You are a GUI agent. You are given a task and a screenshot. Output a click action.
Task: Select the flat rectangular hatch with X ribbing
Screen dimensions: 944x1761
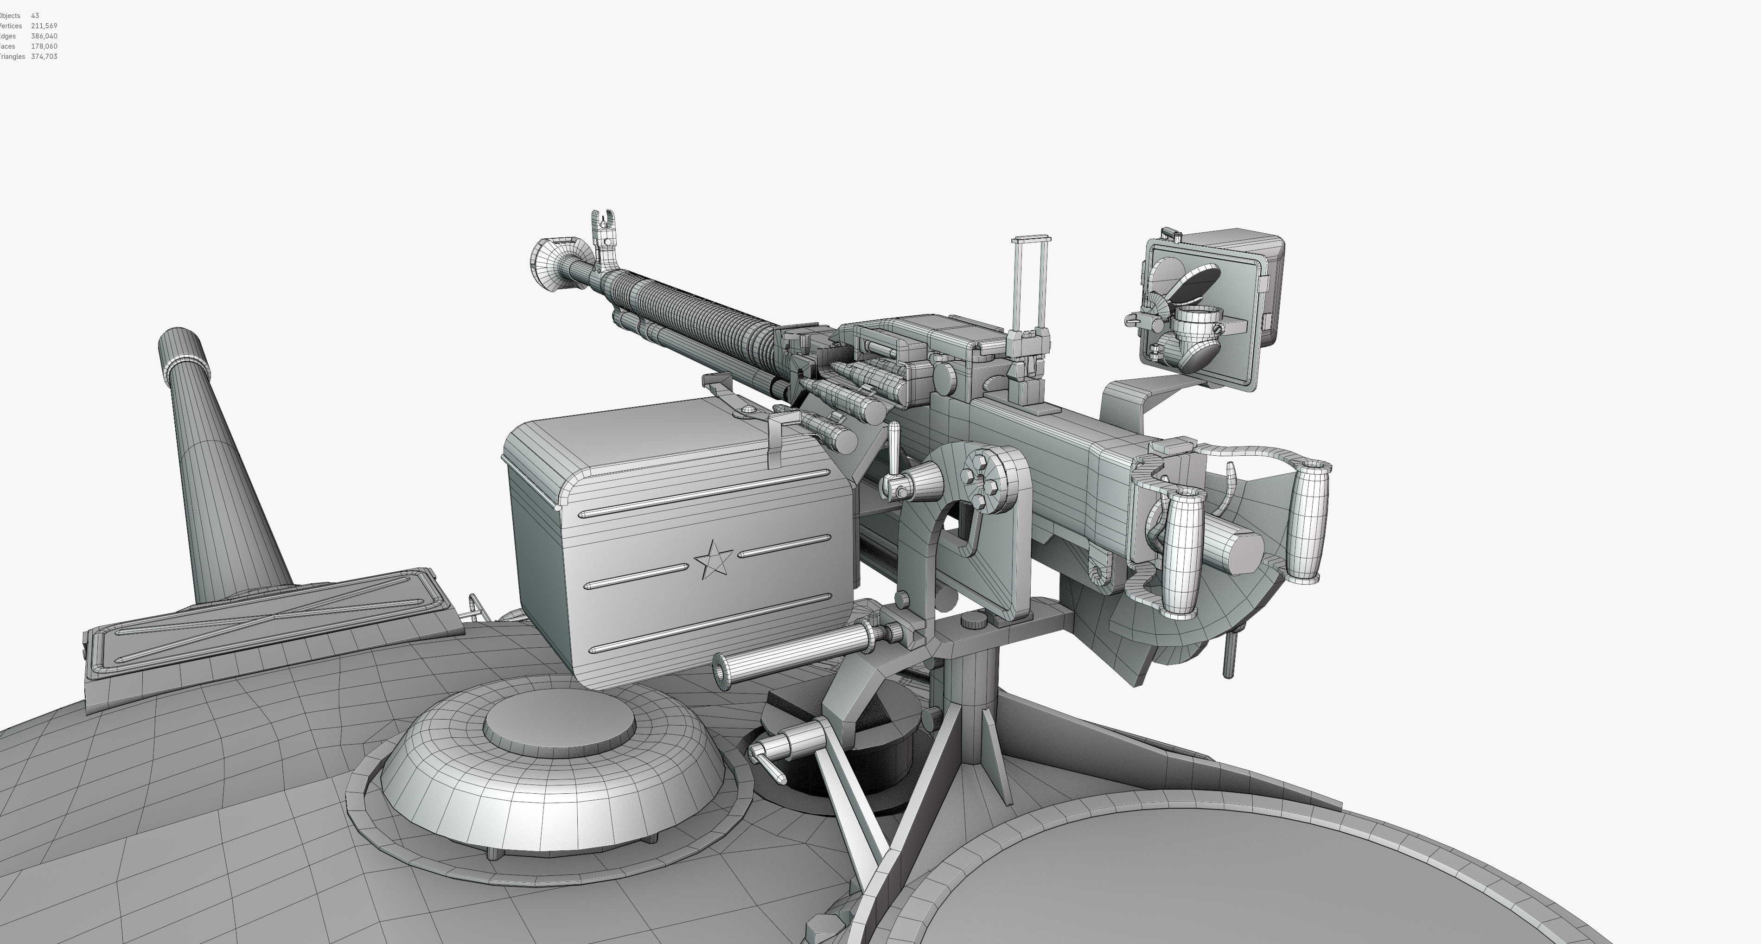(267, 625)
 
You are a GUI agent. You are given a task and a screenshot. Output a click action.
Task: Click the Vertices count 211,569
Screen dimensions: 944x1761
(44, 26)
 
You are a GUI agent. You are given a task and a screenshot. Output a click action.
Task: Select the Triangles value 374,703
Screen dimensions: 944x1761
(44, 57)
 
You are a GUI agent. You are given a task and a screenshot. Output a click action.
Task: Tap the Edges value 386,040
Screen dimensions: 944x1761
(44, 36)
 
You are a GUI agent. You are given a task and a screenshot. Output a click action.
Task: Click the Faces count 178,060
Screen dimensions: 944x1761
(44, 46)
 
